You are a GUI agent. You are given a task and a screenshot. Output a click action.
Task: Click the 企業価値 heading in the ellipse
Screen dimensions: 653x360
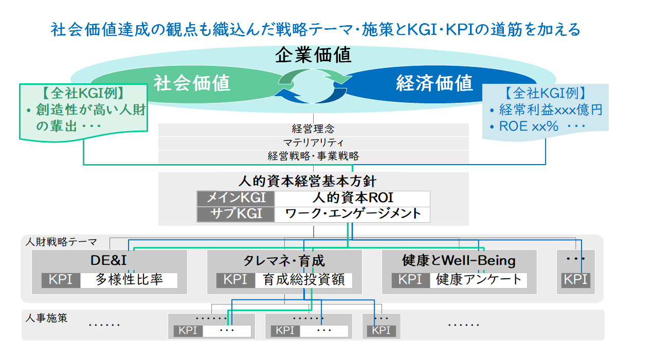click(x=313, y=55)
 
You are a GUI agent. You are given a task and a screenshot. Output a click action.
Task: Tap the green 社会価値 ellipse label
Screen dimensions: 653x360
click(x=192, y=83)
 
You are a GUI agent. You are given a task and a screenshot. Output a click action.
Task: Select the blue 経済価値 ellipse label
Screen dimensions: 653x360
click(x=434, y=83)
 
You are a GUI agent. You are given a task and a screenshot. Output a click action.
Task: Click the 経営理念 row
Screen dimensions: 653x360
click(x=313, y=129)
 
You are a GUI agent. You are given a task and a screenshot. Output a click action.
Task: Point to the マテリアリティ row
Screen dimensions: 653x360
click(x=313, y=142)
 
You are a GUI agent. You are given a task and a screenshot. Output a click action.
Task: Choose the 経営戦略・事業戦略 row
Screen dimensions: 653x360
click(x=313, y=156)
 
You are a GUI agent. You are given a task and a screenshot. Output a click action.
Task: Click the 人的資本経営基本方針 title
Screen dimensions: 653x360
click(x=307, y=181)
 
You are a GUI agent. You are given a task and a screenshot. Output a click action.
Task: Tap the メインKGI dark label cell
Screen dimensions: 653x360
click(x=236, y=198)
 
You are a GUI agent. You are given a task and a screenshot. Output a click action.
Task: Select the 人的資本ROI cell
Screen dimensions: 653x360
click(x=352, y=198)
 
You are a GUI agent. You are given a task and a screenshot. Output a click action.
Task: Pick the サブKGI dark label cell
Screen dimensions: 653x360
click(x=236, y=214)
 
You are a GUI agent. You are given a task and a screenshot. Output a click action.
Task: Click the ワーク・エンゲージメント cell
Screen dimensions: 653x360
click(x=352, y=213)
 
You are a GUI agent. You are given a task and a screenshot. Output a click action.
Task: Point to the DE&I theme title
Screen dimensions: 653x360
click(x=108, y=260)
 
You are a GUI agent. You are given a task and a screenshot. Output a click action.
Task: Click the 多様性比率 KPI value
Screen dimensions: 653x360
click(x=129, y=280)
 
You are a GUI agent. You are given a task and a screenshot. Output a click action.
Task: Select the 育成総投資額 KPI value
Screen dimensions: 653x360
click(x=304, y=280)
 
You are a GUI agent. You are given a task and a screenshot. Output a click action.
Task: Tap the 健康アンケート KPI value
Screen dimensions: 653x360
click(x=478, y=280)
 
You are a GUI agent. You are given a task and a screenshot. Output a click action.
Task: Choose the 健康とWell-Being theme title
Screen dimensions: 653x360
click(x=459, y=261)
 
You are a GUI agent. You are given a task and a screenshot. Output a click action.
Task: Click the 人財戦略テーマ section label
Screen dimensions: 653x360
click(x=61, y=242)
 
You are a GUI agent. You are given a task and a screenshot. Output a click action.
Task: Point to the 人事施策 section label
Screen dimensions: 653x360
click(x=46, y=318)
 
